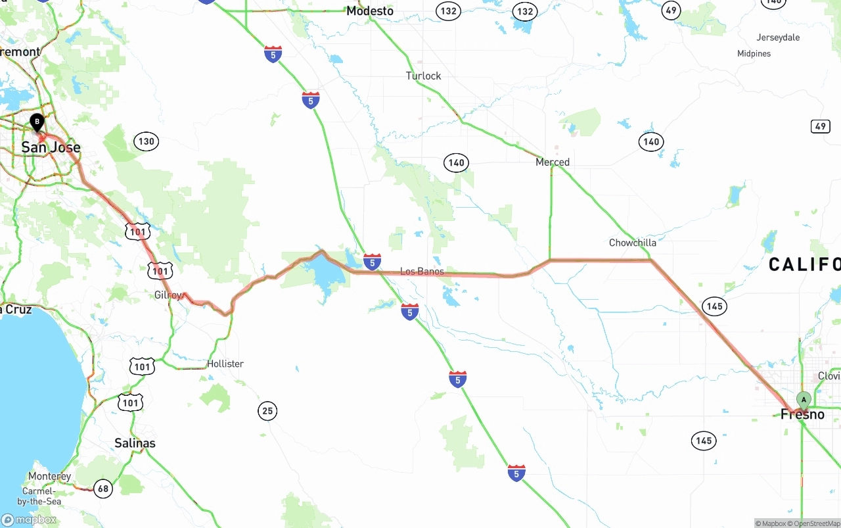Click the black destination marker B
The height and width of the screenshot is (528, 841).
coord(37,122)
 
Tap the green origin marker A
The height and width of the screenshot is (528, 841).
coord(804,400)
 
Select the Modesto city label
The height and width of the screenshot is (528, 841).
coord(370,11)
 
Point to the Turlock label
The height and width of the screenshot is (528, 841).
coord(423,76)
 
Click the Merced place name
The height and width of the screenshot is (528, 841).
coord(553,162)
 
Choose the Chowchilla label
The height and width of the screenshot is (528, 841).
coord(632,243)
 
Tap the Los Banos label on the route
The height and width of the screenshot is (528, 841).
coord(422,272)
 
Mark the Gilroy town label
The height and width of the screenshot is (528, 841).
coord(168,295)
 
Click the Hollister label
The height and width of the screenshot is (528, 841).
coord(225,364)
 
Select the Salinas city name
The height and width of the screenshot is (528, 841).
coord(135,443)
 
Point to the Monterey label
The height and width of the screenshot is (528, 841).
coord(49,476)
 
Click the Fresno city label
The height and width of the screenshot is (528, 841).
coord(802,415)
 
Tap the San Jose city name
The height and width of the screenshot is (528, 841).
coord(51,147)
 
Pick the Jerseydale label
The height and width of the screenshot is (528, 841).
coord(778,37)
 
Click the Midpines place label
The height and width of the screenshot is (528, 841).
coord(754,54)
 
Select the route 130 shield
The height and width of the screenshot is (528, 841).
coord(146,141)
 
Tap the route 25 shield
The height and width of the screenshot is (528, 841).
coord(267,412)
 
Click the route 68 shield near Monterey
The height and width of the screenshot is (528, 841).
coord(102,489)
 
